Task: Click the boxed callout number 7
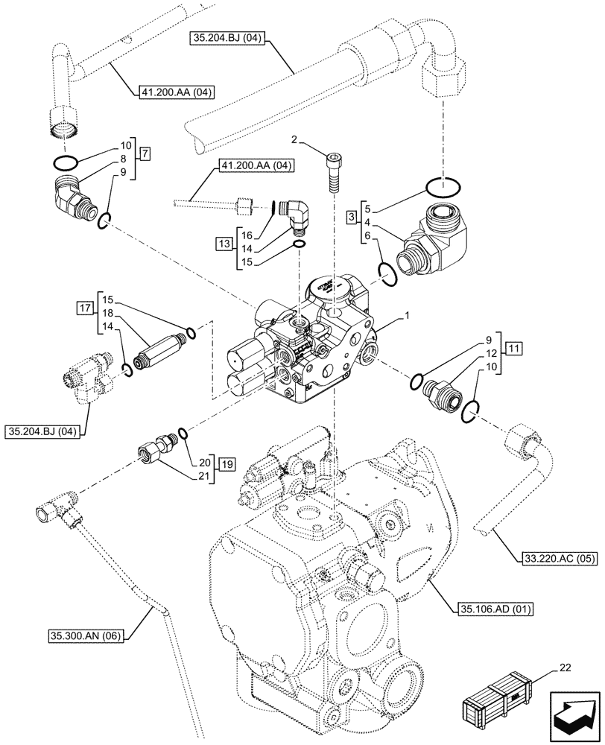145,154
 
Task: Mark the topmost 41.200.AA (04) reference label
176,92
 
